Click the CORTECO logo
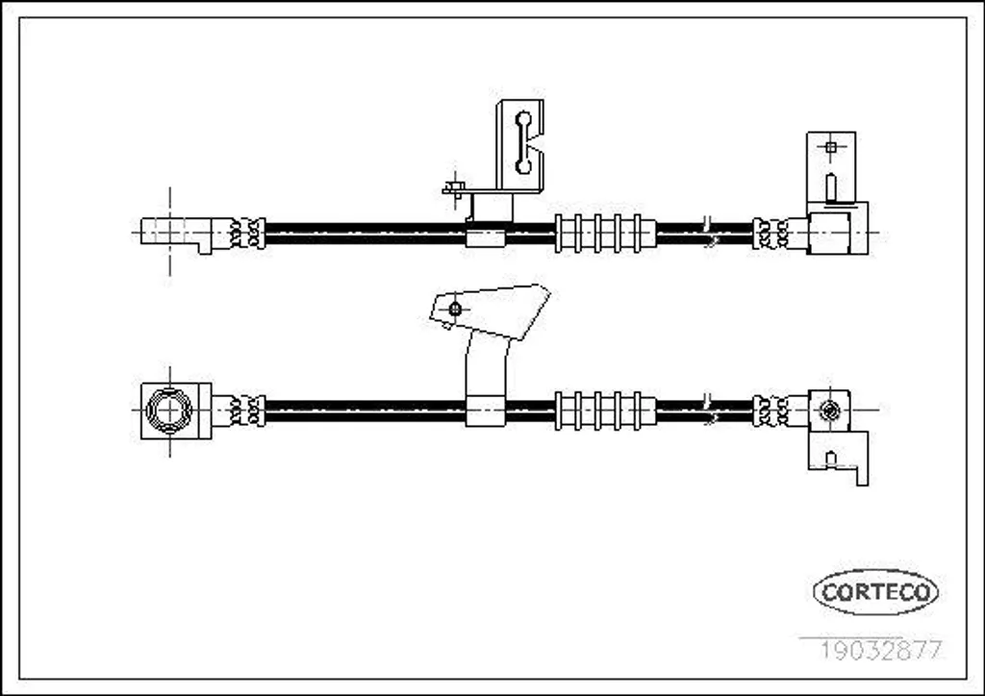point(875,592)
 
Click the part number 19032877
point(881,650)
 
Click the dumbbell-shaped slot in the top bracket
point(522,142)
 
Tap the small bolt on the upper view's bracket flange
point(454,187)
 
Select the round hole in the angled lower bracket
point(455,309)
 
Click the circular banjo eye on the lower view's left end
point(169,410)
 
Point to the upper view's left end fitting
point(177,235)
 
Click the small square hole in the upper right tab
point(830,147)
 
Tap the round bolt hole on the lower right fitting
point(830,410)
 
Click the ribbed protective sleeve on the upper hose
point(605,234)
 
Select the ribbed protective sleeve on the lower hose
point(605,410)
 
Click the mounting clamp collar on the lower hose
point(486,411)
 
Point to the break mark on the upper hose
point(709,233)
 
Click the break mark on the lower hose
point(709,410)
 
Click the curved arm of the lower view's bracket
point(486,366)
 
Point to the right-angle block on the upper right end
point(838,229)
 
